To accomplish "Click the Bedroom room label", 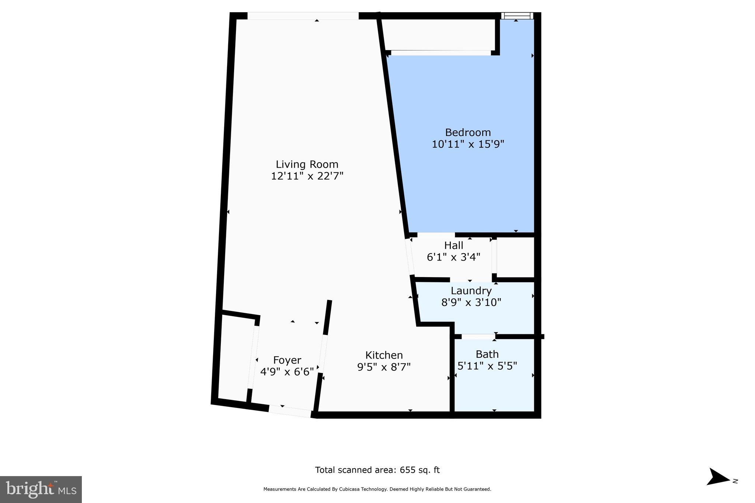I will pos(467,132).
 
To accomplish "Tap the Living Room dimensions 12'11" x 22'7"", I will pos(307,176).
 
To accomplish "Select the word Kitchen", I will pos(384,355).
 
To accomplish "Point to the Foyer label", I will pos(287,360).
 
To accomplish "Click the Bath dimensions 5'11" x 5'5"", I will pos(487,366).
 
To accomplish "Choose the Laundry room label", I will pos(471,291).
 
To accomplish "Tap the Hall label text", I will pos(453,245).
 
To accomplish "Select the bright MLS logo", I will pos(41,489).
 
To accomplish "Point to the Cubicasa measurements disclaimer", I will pos(377,489).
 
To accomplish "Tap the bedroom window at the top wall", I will pos(518,16).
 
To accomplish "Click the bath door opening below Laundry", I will pos(478,336).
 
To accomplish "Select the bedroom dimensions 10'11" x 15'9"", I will pos(467,144).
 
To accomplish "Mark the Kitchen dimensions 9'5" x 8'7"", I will pos(384,367).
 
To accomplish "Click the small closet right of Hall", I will pos(515,257).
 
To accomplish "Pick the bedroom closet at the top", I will pos(439,35).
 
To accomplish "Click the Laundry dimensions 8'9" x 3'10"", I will pos(471,303).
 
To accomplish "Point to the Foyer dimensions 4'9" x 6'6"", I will pos(287,371).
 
